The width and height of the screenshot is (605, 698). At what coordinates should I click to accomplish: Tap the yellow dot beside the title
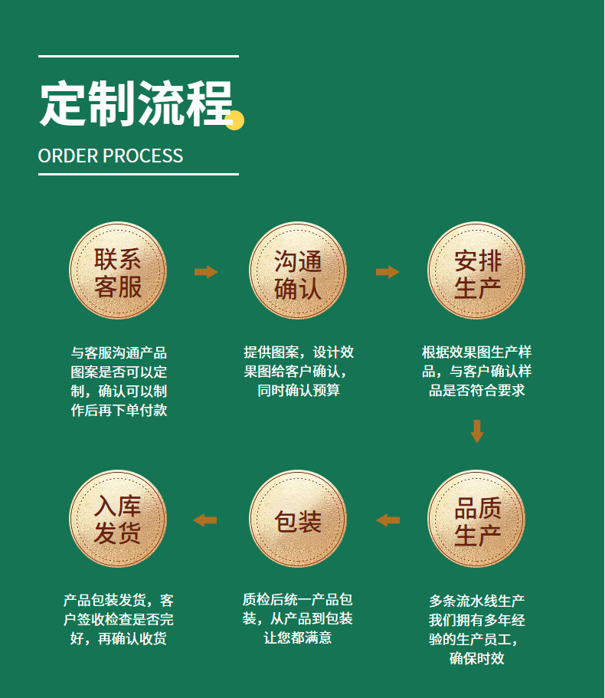point(234,120)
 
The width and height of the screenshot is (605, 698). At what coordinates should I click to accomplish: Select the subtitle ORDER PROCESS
point(110,156)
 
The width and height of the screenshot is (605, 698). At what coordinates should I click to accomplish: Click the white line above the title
point(138,56)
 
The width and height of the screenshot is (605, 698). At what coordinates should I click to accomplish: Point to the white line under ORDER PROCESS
point(138,174)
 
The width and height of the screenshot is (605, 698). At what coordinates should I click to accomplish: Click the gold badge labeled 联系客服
point(118,271)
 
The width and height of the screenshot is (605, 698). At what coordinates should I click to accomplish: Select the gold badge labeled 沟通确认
point(298,271)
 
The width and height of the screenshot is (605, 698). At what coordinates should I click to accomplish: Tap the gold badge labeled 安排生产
point(477,271)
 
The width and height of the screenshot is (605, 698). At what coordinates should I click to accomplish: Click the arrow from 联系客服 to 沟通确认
point(206,272)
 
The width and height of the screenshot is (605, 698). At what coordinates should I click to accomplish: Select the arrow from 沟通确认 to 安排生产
point(388,272)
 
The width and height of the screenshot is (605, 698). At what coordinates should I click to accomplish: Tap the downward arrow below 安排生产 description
point(477,431)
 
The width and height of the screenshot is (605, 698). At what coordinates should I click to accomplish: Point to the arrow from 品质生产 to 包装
point(388,520)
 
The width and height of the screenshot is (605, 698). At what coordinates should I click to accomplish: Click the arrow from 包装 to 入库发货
point(205,520)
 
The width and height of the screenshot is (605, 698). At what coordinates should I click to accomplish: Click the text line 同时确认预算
point(299,391)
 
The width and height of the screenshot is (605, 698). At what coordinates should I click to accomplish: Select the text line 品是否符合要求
point(476,391)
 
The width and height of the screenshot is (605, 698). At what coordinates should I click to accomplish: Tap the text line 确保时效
point(476,658)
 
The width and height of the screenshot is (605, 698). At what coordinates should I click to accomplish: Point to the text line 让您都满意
point(298,637)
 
